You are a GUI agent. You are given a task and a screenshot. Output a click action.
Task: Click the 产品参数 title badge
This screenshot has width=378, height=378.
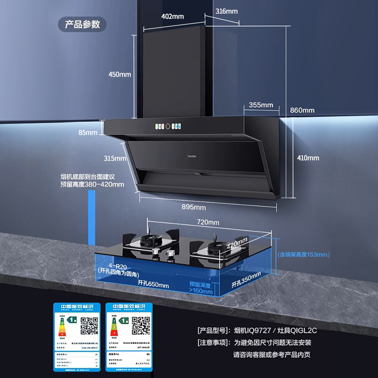click(x=82, y=25)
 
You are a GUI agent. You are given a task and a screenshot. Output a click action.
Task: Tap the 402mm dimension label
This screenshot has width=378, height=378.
click(x=172, y=17)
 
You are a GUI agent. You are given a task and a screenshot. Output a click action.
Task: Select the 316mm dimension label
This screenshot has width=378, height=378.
click(x=226, y=11)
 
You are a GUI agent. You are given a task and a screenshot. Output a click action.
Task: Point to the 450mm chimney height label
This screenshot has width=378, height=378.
click(x=120, y=74)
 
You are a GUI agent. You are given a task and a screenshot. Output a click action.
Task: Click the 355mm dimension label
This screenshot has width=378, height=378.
click(x=261, y=105)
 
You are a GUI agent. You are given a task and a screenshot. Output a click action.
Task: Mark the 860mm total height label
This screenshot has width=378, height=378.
click(x=302, y=110)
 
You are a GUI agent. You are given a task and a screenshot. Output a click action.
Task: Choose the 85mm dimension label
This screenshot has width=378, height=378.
click(x=87, y=132)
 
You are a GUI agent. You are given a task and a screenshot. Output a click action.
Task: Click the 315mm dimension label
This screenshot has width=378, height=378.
click(x=115, y=158)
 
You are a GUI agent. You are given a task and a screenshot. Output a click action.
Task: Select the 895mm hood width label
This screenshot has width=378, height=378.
click(x=194, y=207)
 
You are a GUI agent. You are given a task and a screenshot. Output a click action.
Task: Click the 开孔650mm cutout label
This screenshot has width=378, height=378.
click(x=153, y=284)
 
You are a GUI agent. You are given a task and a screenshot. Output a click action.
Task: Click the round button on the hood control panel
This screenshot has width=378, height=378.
click(x=167, y=126)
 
